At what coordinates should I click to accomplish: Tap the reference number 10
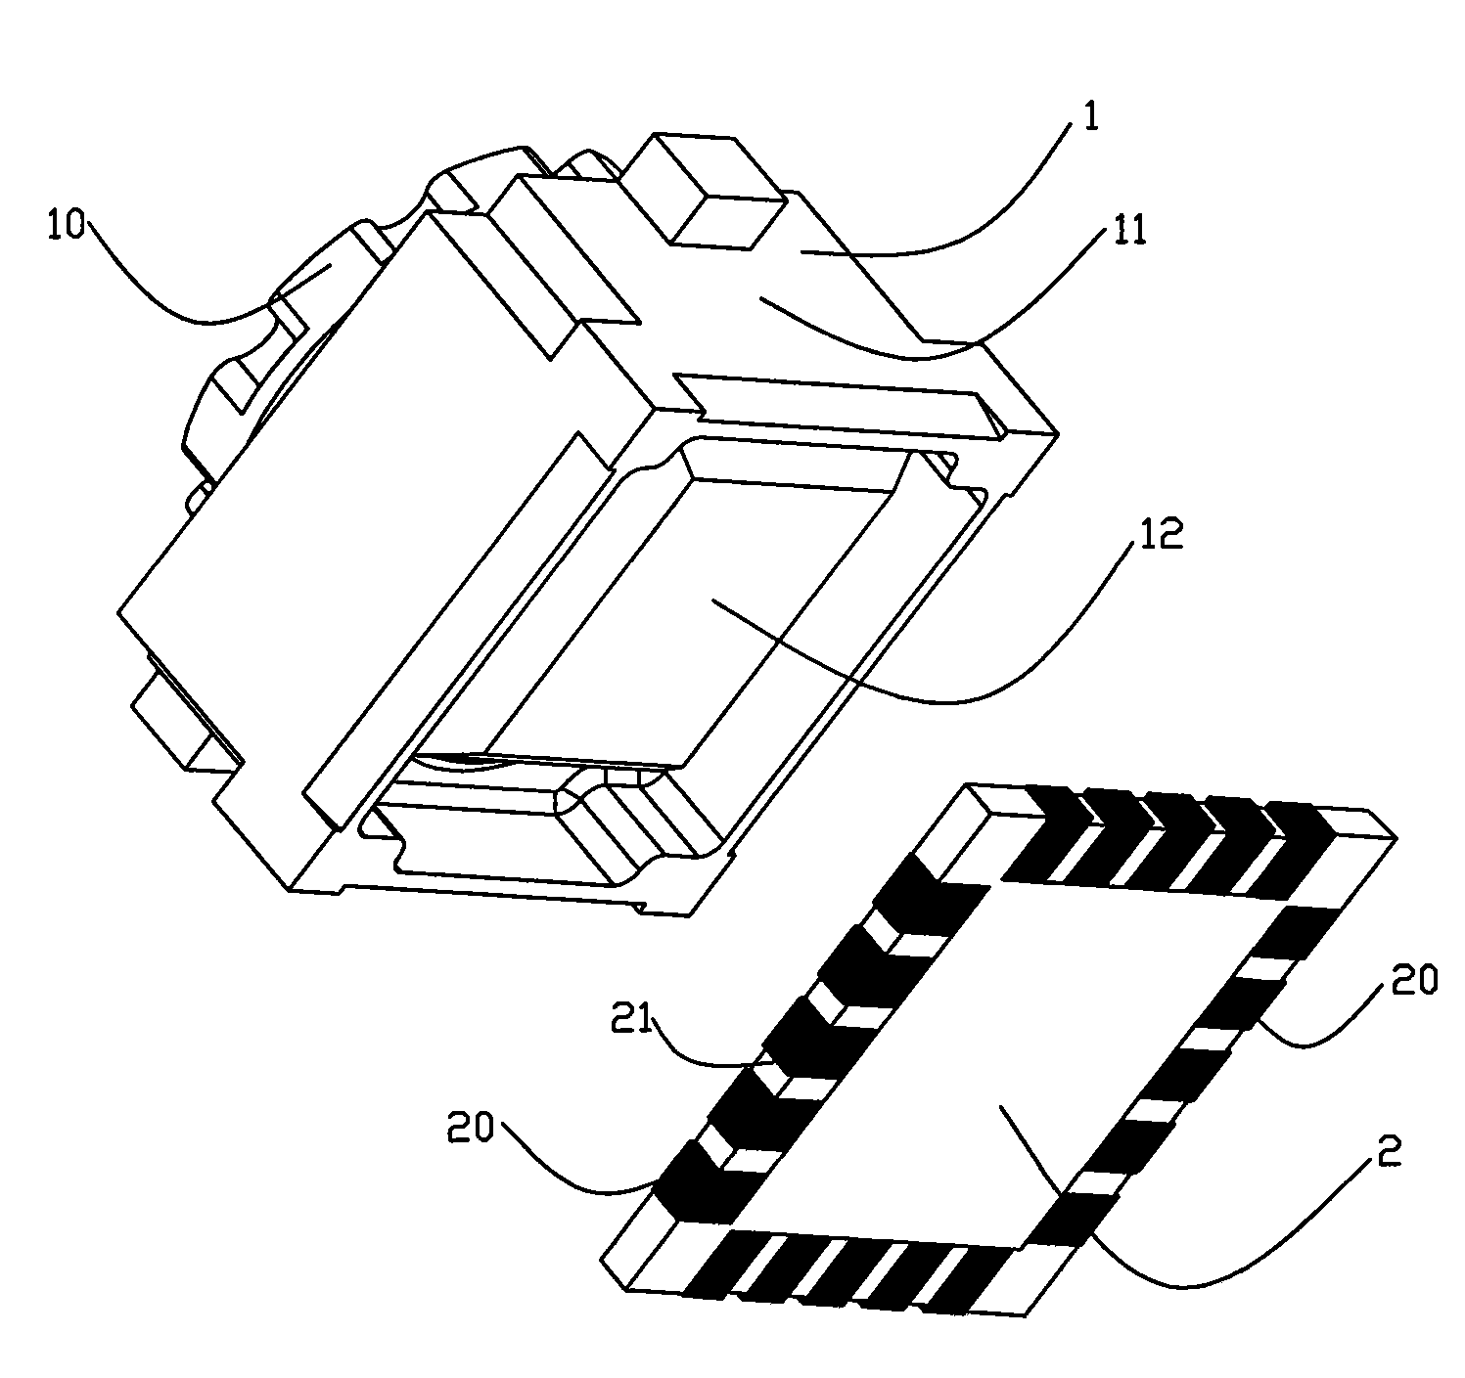(66, 224)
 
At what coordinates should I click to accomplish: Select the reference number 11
(1127, 229)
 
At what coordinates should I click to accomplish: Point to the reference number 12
(1161, 534)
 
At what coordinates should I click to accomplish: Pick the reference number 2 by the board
(1389, 1150)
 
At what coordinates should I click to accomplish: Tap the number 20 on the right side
(1414, 981)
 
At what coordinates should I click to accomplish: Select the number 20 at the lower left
(471, 1128)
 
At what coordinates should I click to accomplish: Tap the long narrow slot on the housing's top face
(841, 406)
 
